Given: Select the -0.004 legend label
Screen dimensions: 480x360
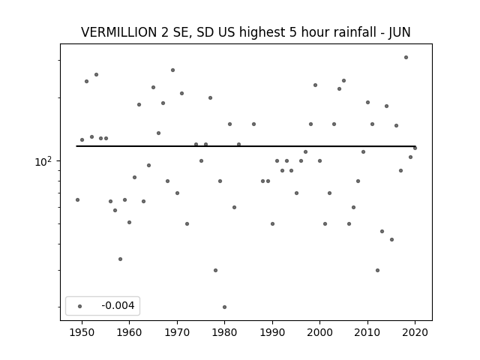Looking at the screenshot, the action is (x=118, y=305).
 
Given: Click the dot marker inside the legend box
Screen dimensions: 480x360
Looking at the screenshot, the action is (x=80, y=306).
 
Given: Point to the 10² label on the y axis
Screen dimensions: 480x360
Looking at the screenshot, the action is (x=43, y=162).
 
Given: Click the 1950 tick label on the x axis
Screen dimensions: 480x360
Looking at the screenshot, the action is (x=82, y=332).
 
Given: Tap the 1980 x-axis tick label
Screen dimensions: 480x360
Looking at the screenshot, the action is (x=224, y=332).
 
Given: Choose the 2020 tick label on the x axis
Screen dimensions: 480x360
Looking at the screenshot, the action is (x=415, y=332).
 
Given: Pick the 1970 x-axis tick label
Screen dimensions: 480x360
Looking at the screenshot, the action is (x=177, y=332).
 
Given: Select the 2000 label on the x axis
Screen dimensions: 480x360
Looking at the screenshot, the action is (x=319, y=332).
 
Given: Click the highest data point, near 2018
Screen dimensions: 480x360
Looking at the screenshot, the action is (x=406, y=58).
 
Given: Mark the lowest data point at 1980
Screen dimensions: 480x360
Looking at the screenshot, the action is (x=224, y=307).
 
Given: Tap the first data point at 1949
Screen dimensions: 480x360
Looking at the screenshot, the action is (x=77, y=200).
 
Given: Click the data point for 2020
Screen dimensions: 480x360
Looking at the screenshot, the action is (x=415, y=148).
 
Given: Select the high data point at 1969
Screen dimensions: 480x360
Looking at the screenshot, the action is (x=172, y=70).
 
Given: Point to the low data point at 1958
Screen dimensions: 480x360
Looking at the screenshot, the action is (x=120, y=259).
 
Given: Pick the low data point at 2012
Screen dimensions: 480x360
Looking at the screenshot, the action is (x=377, y=270).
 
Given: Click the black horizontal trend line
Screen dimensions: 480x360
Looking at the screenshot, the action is (x=246, y=146).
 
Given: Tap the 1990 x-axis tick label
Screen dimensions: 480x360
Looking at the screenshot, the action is (x=272, y=332).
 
